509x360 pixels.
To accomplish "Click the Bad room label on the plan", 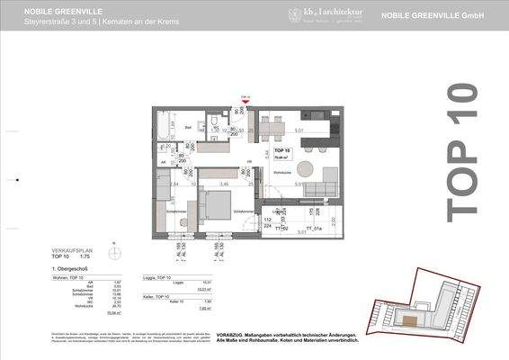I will (x=189, y=128).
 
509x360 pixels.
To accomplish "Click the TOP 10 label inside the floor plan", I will (x=281, y=149).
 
